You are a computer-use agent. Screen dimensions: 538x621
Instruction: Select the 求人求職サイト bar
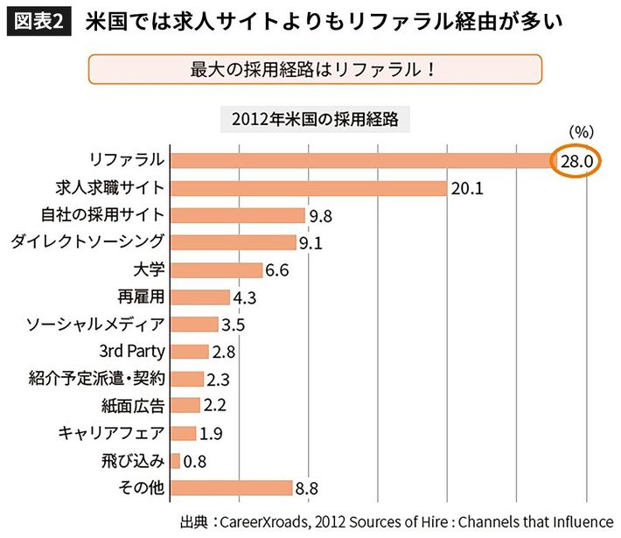tap(309, 187)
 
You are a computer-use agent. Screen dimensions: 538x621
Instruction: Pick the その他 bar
tap(231, 487)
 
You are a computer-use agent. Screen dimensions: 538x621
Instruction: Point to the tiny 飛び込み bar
tap(176, 460)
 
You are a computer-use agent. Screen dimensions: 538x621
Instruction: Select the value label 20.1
tap(467, 188)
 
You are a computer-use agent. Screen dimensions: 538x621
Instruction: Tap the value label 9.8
tap(319, 215)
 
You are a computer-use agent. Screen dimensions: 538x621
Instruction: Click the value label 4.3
tap(244, 297)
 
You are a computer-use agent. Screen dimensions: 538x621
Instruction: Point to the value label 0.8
tap(194, 461)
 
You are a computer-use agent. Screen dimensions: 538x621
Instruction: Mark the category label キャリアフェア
tap(110, 433)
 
